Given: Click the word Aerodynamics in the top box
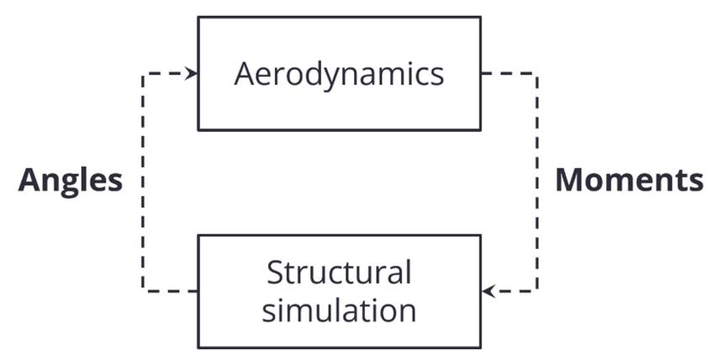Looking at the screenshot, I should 339,74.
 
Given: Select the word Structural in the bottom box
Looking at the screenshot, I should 339,273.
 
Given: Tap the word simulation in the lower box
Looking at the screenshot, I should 339,310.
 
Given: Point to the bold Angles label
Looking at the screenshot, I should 71,181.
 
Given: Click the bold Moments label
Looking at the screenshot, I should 629,181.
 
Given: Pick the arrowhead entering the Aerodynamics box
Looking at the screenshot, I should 193,74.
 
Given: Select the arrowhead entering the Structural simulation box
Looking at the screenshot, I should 487,292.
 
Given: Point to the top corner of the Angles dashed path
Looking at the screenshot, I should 144,75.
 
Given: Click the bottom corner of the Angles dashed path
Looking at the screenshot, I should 144,291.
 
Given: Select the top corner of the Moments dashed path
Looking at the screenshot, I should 536,75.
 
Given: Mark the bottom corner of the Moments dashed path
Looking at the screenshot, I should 536,291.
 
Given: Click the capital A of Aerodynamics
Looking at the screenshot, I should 245,74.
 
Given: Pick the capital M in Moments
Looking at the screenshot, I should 573,181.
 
